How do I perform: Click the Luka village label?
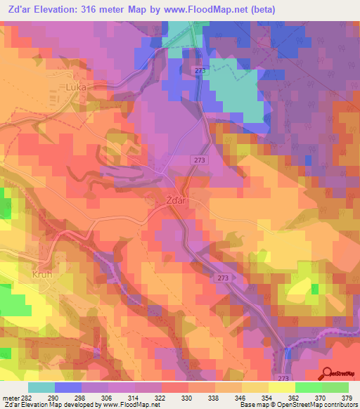pos(75,88)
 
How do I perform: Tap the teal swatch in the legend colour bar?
pos(41,387)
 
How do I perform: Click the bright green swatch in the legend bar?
pos(309,387)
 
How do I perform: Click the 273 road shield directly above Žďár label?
pos(198,160)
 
